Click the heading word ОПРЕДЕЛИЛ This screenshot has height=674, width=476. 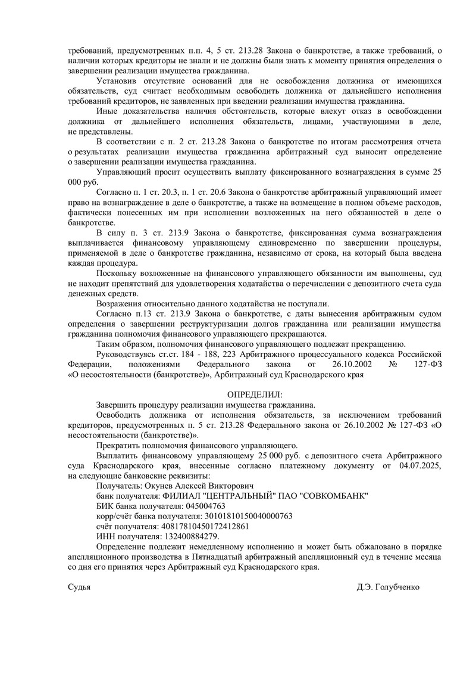(x=255, y=395)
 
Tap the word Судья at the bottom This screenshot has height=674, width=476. (x=79, y=587)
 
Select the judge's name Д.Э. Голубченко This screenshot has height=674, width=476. (x=389, y=587)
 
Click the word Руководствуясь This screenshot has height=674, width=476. (x=123, y=355)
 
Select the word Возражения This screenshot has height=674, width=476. (x=118, y=303)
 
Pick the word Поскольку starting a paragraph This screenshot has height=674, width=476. (x=115, y=273)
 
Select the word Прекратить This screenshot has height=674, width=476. (x=117, y=445)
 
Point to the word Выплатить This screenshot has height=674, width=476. (x=116, y=455)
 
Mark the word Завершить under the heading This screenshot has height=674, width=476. (x=116, y=405)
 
